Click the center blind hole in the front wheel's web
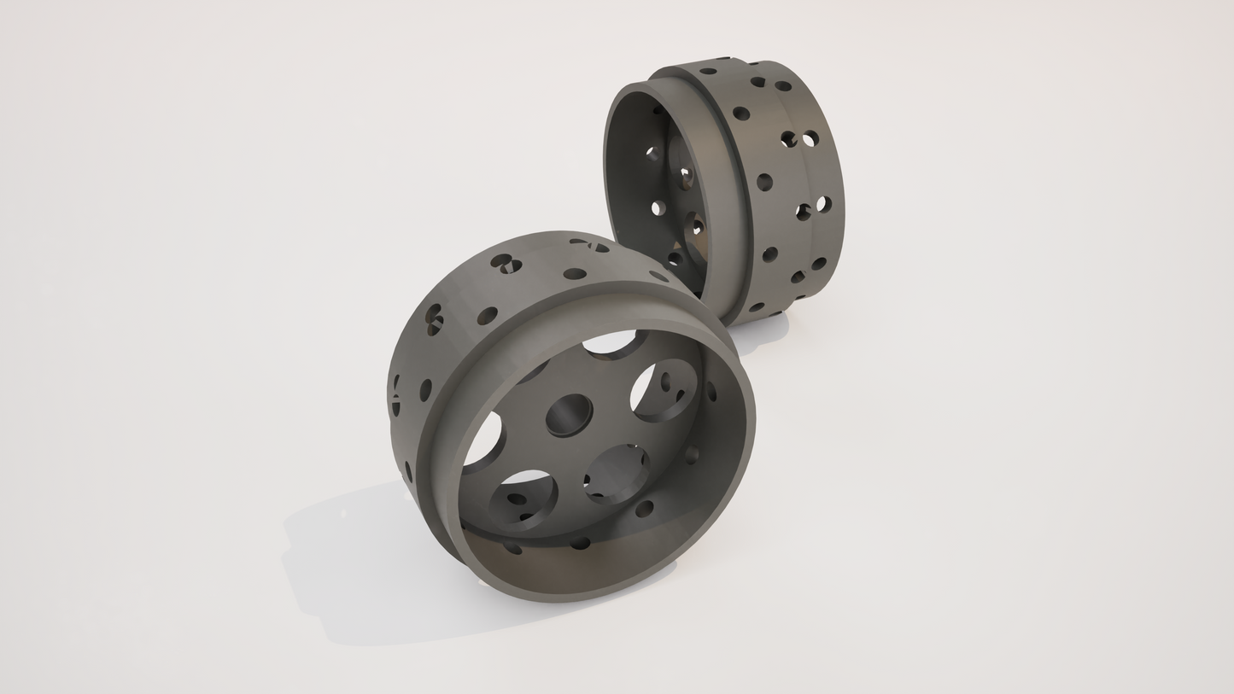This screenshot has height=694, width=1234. click(x=569, y=415)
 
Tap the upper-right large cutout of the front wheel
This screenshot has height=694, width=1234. click(x=662, y=390)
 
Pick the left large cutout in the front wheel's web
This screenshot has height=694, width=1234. click(x=483, y=440)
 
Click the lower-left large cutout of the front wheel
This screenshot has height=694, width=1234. click(x=523, y=495)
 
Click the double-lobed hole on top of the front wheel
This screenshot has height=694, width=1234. click(x=504, y=263)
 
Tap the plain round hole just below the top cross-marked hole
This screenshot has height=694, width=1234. click(x=576, y=274)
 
